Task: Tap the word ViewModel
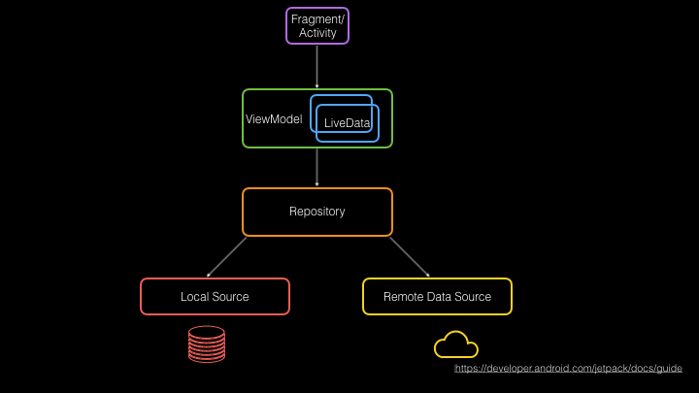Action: pyautogui.click(x=274, y=119)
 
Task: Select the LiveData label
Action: pyautogui.click(x=347, y=123)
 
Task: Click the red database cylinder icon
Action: pyautogui.click(x=207, y=344)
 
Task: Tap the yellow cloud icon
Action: pyautogui.click(x=456, y=344)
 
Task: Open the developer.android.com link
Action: pyautogui.click(x=568, y=368)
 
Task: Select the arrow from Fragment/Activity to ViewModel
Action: pyautogui.click(x=316, y=66)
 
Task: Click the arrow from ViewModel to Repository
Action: pyautogui.click(x=316, y=167)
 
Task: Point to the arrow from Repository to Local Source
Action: pyautogui.click(x=226, y=257)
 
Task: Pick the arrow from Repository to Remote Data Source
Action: pyautogui.click(x=410, y=257)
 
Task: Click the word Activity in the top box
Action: pyautogui.click(x=317, y=33)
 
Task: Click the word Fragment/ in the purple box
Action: pyautogui.click(x=317, y=19)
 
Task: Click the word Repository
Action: pyautogui.click(x=316, y=212)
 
